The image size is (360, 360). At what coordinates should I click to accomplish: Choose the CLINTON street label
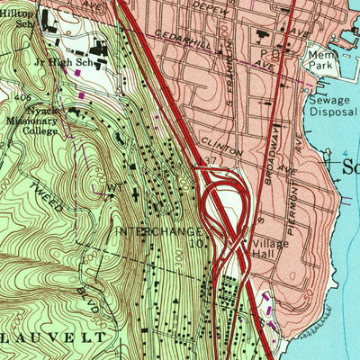click(220, 144)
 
